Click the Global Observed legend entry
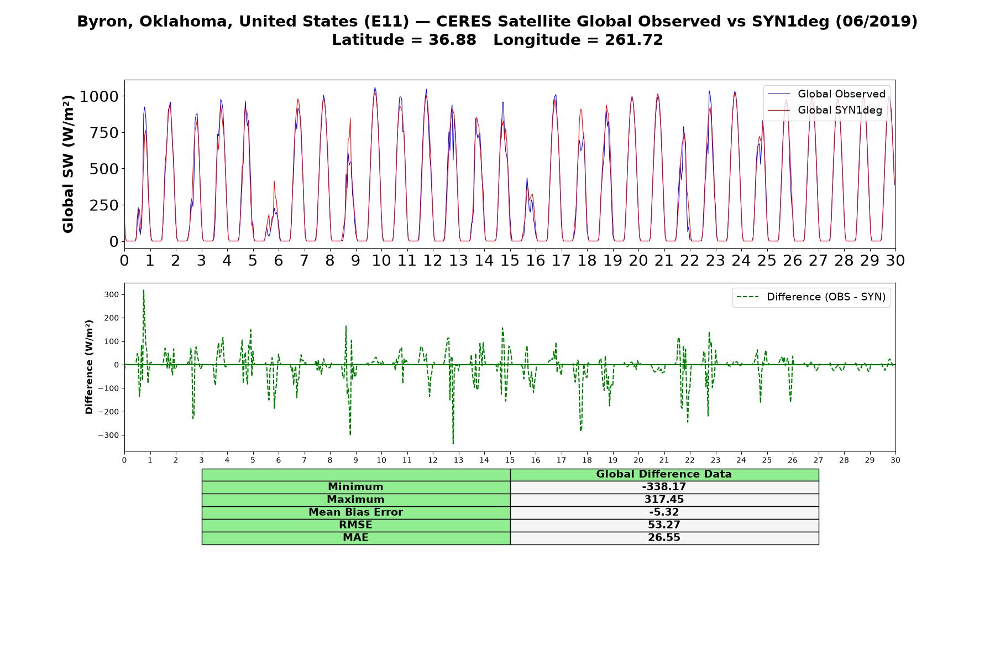(x=826, y=94)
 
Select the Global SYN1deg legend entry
(x=825, y=110)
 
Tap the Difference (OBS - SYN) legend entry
(x=811, y=297)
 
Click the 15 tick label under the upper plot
(x=510, y=260)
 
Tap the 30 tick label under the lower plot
(x=895, y=460)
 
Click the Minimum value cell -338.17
(x=664, y=487)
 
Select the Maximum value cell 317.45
(x=664, y=500)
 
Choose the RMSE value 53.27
(x=664, y=525)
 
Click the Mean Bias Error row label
(x=355, y=512)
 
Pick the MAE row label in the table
(x=355, y=538)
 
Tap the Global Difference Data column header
(x=664, y=474)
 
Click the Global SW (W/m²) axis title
(x=68, y=164)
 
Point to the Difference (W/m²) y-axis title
(x=89, y=367)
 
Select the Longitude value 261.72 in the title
(x=633, y=40)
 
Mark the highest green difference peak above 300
(x=144, y=290)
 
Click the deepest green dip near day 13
(x=453, y=443)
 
